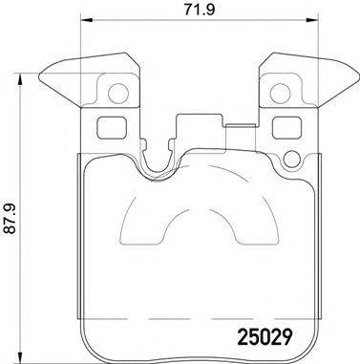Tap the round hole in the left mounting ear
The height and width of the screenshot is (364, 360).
pyautogui.click(x=117, y=94)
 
